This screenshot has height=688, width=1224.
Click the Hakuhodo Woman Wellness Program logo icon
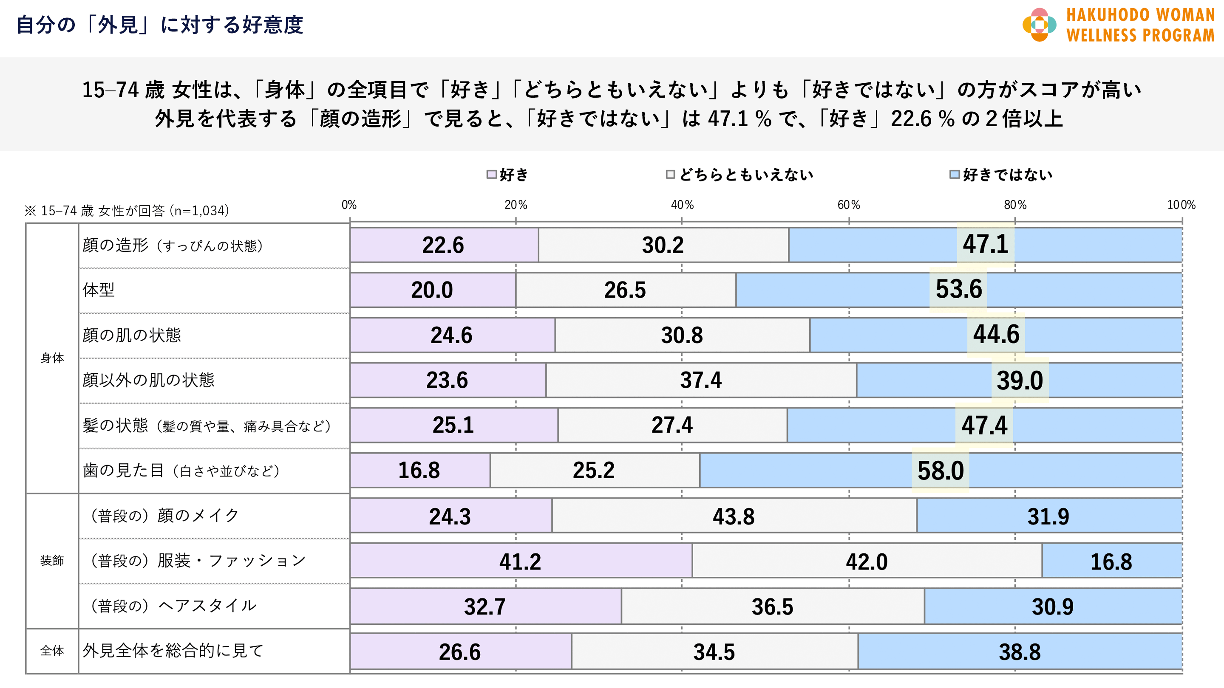click(1039, 25)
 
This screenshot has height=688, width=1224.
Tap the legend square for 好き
click(492, 175)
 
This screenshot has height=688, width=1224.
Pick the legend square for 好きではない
click(954, 175)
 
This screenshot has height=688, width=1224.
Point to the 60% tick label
click(849, 205)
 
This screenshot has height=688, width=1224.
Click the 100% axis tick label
click(1181, 205)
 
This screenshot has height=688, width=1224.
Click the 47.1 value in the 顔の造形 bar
click(986, 245)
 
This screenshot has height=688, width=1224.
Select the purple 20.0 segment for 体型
click(432, 290)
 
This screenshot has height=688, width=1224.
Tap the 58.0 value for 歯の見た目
click(941, 471)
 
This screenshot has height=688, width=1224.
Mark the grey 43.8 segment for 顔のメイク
click(734, 516)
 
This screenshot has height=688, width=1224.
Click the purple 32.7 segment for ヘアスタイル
click(484, 607)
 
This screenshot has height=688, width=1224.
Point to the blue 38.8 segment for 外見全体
click(1020, 652)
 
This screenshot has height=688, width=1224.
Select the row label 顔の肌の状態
click(132, 335)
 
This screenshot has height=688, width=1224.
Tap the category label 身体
click(52, 358)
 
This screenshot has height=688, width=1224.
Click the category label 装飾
click(52, 561)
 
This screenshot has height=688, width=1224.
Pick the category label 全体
click(52, 651)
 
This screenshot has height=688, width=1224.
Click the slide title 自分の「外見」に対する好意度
click(160, 25)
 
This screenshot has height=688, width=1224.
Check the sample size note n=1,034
click(127, 210)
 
